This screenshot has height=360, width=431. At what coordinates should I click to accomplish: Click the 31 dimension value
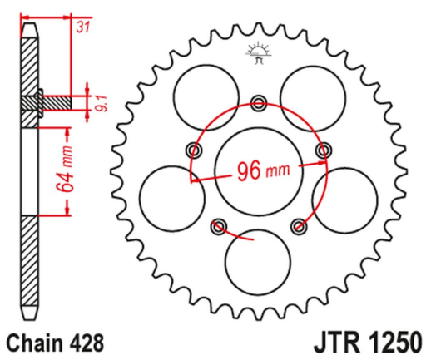click(82, 28)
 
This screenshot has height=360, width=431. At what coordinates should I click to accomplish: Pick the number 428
click(89, 342)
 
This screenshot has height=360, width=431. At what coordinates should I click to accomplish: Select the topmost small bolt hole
click(258, 104)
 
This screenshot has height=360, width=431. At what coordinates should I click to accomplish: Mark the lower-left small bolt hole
click(219, 224)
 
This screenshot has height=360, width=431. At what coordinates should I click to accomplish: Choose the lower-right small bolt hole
click(297, 224)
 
